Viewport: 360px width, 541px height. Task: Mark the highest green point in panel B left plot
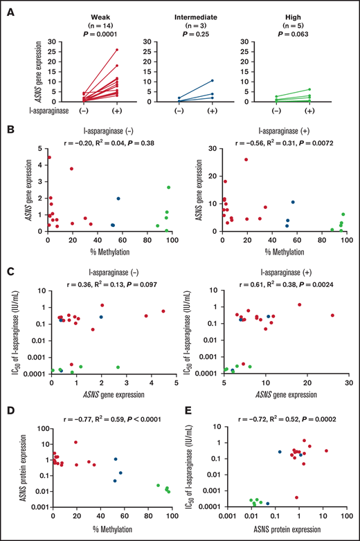point(169,187)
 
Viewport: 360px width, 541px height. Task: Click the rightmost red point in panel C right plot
point(332,315)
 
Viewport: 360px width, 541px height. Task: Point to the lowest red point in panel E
point(297,497)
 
